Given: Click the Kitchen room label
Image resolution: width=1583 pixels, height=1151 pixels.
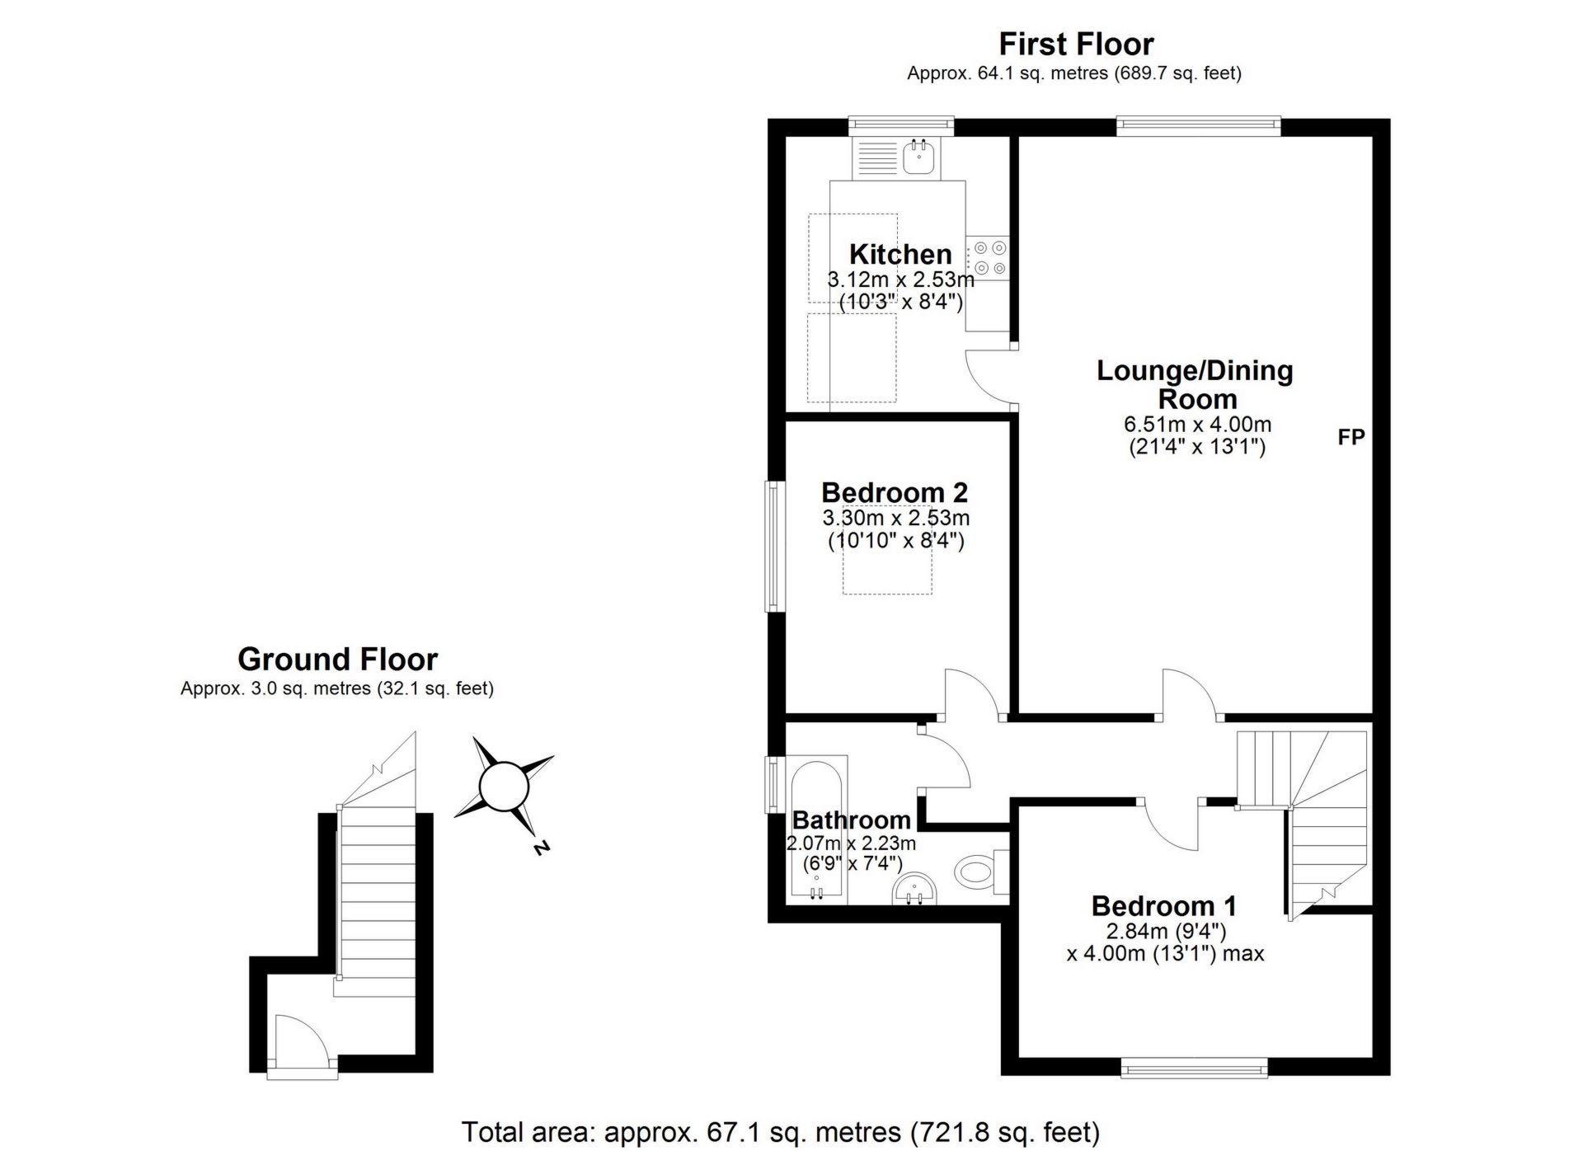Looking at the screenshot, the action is [x=900, y=254].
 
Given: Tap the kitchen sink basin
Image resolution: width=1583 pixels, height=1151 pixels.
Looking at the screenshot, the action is [x=919, y=155].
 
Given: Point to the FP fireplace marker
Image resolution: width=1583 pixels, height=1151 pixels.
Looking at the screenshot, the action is [x=1351, y=437].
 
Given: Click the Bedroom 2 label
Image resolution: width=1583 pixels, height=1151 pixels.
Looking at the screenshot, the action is [x=895, y=492].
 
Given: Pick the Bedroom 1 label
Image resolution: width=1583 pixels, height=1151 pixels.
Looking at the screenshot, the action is [x=1163, y=906].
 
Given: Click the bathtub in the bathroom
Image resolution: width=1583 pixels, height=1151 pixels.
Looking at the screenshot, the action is [x=816, y=824].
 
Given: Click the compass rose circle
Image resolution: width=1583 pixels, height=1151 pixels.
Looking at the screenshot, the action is [x=503, y=787].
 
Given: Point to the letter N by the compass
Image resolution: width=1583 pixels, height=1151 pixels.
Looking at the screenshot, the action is [x=541, y=847].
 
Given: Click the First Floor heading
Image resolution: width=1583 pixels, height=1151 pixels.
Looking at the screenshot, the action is [x=1076, y=44].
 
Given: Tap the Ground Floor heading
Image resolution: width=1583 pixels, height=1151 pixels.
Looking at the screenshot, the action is [x=337, y=660].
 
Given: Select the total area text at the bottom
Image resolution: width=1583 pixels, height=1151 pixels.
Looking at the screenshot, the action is [x=780, y=1131].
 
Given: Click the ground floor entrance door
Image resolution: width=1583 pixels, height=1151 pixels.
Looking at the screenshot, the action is [x=301, y=1045].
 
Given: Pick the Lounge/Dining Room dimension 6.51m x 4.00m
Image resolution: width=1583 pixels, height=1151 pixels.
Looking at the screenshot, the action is [x=1197, y=425].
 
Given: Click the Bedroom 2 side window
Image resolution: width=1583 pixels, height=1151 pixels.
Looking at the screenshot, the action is [x=773, y=546].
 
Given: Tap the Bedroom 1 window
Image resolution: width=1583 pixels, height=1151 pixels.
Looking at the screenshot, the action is [x=1195, y=1069].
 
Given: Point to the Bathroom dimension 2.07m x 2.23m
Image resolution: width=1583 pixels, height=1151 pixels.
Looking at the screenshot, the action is [x=851, y=843].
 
